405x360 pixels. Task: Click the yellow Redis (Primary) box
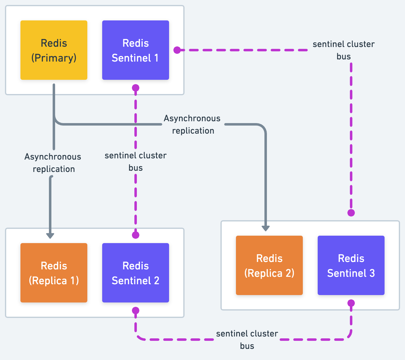pos(54,50)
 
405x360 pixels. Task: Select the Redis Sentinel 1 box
pos(136,50)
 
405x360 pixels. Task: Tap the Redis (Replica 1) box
pos(54,272)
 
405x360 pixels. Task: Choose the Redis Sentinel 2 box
pos(136,272)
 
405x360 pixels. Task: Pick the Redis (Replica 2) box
pos(269,265)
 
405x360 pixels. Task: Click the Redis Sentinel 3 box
pos(351,265)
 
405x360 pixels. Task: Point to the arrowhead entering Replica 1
pos(50,236)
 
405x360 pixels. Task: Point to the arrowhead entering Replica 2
pos(266,228)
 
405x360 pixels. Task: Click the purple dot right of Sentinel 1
pos(177,50)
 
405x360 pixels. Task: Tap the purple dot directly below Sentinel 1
pos(136,88)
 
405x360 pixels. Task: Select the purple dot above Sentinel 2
pos(136,235)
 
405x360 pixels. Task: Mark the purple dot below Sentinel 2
pos(136,311)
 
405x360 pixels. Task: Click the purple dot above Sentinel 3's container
pos(351,213)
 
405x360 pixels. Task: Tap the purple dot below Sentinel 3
pos(351,303)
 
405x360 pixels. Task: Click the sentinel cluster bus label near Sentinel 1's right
pos(344,50)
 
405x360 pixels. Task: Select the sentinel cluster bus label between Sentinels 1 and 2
pos(136,161)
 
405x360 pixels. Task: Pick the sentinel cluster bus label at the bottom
pos(247,340)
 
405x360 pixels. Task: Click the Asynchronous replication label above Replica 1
pos(53,163)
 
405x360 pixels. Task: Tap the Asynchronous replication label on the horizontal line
pos(192,124)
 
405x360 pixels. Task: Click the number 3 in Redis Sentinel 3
pos(372,273)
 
